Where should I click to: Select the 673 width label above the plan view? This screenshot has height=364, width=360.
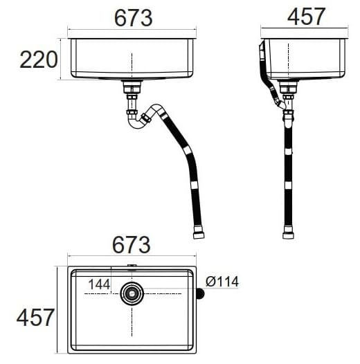[131, 244]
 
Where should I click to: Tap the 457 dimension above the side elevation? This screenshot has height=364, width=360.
[305, 17]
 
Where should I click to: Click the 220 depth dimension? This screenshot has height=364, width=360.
[38, 60]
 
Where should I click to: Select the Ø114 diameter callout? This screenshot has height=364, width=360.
[222, 281]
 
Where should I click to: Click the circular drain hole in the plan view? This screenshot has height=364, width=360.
[131, 293]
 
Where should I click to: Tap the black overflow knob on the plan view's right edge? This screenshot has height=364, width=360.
[201, 293]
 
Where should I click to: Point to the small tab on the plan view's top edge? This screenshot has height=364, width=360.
[131, 266]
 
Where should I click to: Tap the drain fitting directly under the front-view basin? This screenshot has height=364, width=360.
[131, 87]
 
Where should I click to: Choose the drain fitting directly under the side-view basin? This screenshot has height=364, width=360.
[288, 87]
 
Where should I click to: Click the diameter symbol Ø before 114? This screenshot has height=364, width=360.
[210, 281]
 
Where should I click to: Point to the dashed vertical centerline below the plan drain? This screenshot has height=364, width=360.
[131, 325]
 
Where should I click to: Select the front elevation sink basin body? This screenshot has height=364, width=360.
[131, 59]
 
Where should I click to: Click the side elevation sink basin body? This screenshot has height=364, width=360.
[305, 59]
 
